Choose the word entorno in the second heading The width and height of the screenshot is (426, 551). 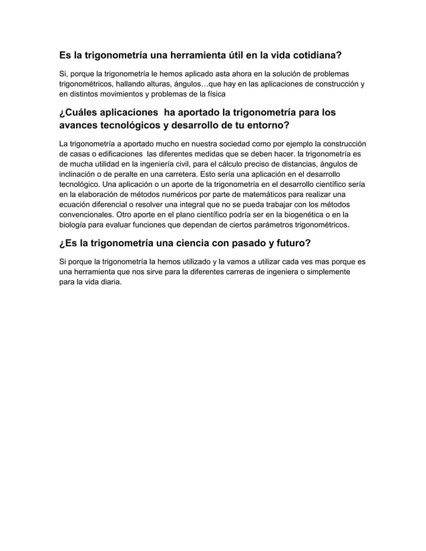pyautogui.click(x=264, y=127)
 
